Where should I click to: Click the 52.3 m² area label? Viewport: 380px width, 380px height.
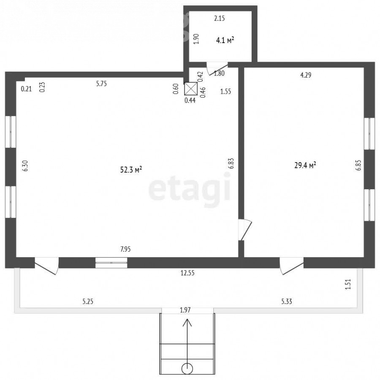[x=131, y=169]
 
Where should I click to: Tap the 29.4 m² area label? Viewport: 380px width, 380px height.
[x=305, y=165]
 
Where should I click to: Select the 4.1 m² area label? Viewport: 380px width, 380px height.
[x=225, y=40]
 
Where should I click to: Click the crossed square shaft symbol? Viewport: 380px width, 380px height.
[x=191, y=89]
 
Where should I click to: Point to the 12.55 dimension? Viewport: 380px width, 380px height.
[x=187, y=273]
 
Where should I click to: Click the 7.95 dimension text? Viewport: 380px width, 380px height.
[x=125, y=249]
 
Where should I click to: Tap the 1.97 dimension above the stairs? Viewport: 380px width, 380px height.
[x=185, y=310]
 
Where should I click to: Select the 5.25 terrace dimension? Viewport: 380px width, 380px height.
[x=88, y=301]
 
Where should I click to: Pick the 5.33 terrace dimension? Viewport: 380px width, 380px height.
[x=286, y=301]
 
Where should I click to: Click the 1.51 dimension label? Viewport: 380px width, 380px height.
[x=348, y=284]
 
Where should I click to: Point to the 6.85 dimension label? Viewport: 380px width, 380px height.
[x=358, y=165]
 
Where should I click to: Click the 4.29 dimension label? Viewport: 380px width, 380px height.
[x=306, y=75]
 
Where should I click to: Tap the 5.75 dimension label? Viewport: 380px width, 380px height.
[x=101, y=84]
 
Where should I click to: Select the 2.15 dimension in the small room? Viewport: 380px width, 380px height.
[x=219, y=18]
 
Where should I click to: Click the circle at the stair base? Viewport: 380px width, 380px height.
[x=187, y=369]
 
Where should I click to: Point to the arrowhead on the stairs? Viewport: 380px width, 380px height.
[x=187, y=323]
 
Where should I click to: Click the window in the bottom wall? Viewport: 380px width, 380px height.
[x=111, y=263]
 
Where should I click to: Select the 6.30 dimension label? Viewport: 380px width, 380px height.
[x=25, y=166]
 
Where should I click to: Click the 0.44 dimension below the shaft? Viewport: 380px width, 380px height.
[x=190, y=100]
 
